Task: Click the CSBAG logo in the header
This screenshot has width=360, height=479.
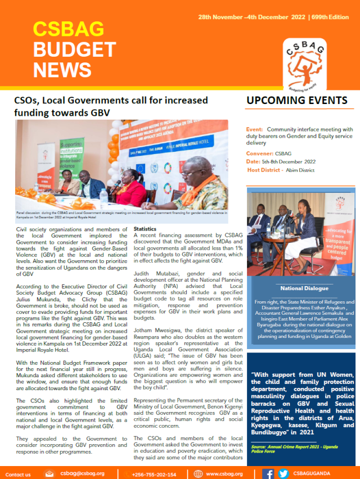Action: [x=305, y=61]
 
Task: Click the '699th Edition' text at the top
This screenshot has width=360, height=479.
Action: [x=330, y=17]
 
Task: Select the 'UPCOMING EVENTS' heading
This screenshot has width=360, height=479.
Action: [x=296, y=101]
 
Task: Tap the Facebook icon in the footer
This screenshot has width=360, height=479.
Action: [x=268, y=473]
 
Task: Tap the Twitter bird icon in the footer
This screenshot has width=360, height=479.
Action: [x=283, y=473]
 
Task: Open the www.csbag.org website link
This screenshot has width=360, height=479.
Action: [x=224, y=474]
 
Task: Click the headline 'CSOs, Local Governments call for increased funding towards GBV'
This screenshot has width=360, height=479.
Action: [x=111, y=106]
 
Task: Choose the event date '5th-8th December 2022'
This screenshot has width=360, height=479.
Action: [x=295, y=161]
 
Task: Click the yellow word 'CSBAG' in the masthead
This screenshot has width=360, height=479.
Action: [x=60, y=29]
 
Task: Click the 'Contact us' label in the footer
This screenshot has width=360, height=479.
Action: [x=18, y=474]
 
